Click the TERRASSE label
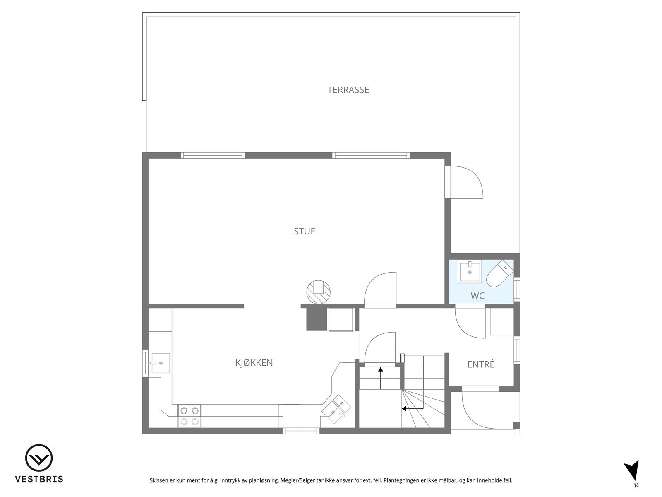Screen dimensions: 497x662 [348, 90]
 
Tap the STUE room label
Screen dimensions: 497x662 [305, 231]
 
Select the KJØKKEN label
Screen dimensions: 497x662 [254, 363]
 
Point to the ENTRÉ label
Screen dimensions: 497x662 [481, 364]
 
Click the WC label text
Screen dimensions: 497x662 [477, 296]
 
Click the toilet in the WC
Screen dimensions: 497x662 [499, 273]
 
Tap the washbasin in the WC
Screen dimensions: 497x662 [470, 272]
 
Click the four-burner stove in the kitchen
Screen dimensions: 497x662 [189, 416]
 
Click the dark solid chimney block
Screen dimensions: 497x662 [316, 319]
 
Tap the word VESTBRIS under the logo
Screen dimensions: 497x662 [39, 479]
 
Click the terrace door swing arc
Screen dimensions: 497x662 [468, 182]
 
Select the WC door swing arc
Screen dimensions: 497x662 [470, 322]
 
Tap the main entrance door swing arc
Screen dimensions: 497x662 [480, 410]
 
